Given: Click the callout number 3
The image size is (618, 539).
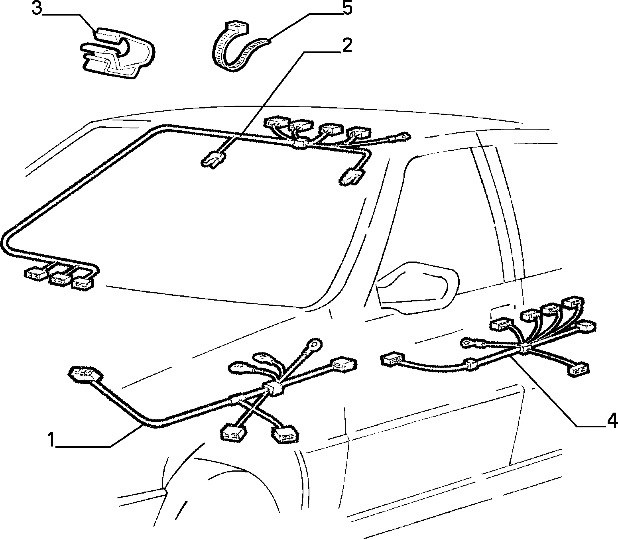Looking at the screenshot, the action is pos(37,9).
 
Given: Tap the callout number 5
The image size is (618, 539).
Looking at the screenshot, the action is pos(347,8).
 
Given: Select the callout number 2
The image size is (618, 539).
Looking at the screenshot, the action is pos(347,46).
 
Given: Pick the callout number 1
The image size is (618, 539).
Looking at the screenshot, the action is pos(51,440).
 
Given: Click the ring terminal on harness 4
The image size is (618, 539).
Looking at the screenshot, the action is pos(468,342).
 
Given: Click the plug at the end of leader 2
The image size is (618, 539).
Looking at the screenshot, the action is pos(213,160).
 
